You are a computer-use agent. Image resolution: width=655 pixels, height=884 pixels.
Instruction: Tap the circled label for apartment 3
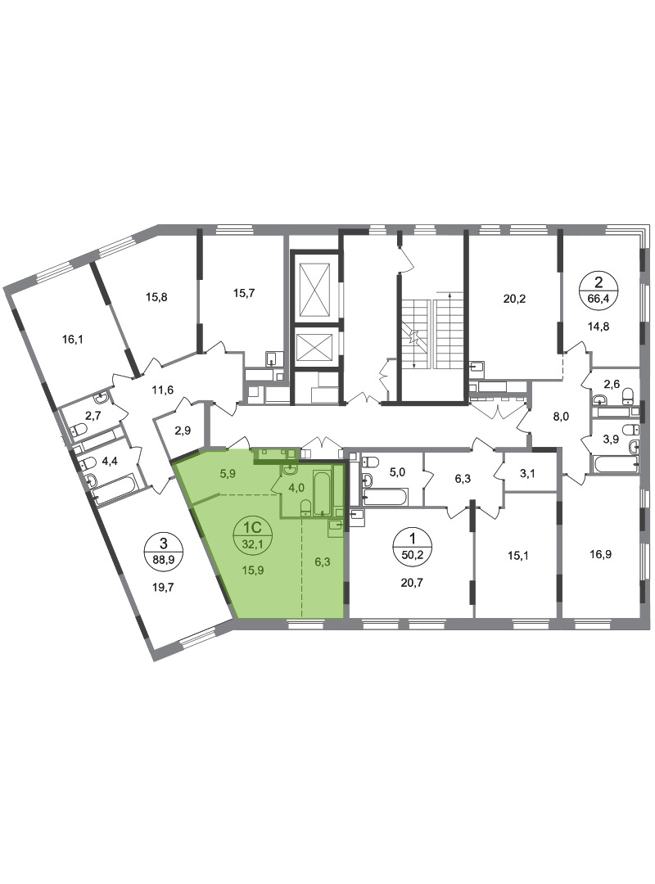pos(163,551)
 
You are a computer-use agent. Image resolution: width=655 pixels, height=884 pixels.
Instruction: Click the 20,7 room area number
pos(411,583)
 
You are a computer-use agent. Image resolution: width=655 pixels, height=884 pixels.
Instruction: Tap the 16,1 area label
pos(73,340)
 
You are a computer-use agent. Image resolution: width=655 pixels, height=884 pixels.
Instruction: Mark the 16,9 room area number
pos(600,554)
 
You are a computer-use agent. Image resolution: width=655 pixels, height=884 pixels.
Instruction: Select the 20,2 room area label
pos(514,299)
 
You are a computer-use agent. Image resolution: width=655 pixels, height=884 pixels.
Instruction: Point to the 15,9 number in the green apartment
pos(253,570)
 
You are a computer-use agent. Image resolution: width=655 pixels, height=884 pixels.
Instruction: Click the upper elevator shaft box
pos(314,290)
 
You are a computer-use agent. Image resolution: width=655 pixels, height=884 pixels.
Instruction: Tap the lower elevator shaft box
pos(314,347)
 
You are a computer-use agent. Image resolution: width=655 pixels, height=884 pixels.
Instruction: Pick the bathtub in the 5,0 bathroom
pos(384,497)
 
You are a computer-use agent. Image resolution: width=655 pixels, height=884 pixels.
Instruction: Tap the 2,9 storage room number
pos(183,431)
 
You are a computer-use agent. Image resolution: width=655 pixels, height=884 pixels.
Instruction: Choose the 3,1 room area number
pos(527,474)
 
